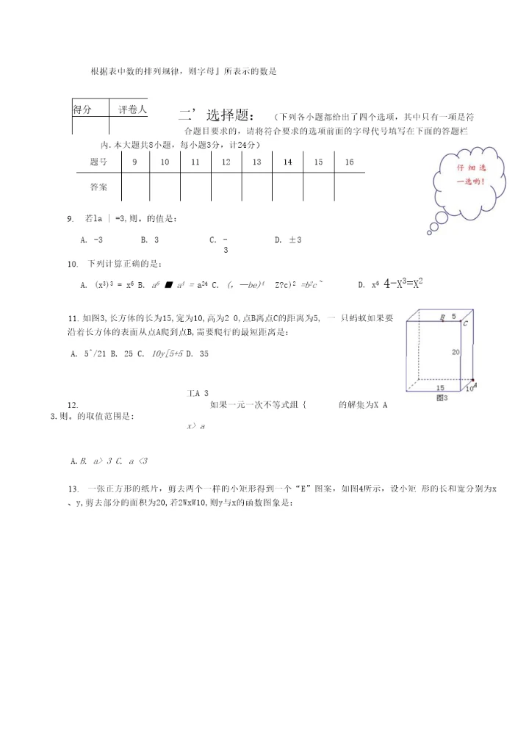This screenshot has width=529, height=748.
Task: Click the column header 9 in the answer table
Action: click(134, 162)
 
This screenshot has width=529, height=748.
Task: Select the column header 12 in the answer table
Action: click(226, 162)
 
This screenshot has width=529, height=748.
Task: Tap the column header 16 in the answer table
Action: click(349, 162)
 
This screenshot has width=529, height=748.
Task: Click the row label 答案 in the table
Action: click(98, 187)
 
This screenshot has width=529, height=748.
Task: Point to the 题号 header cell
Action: click(98, 162)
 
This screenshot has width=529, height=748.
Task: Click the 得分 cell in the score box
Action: click(82, 109)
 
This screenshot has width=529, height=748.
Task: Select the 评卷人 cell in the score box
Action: click(132, 109)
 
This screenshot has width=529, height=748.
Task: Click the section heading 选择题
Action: click(230, 115)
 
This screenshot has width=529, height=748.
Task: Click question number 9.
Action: click(71, 218)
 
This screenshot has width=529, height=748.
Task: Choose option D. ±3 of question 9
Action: click(288, 240)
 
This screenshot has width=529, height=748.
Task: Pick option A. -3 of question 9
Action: click(91, 240)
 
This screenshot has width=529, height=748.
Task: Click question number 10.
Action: click(73, 264)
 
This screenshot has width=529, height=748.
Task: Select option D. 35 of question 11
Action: click(198, 353)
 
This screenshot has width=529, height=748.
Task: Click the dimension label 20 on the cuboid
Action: click(456, 352)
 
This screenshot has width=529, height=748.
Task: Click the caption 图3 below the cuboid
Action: click(442, 398)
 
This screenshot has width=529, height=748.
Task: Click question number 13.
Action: click(73, 489)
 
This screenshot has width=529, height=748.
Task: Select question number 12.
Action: click(73, 405)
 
